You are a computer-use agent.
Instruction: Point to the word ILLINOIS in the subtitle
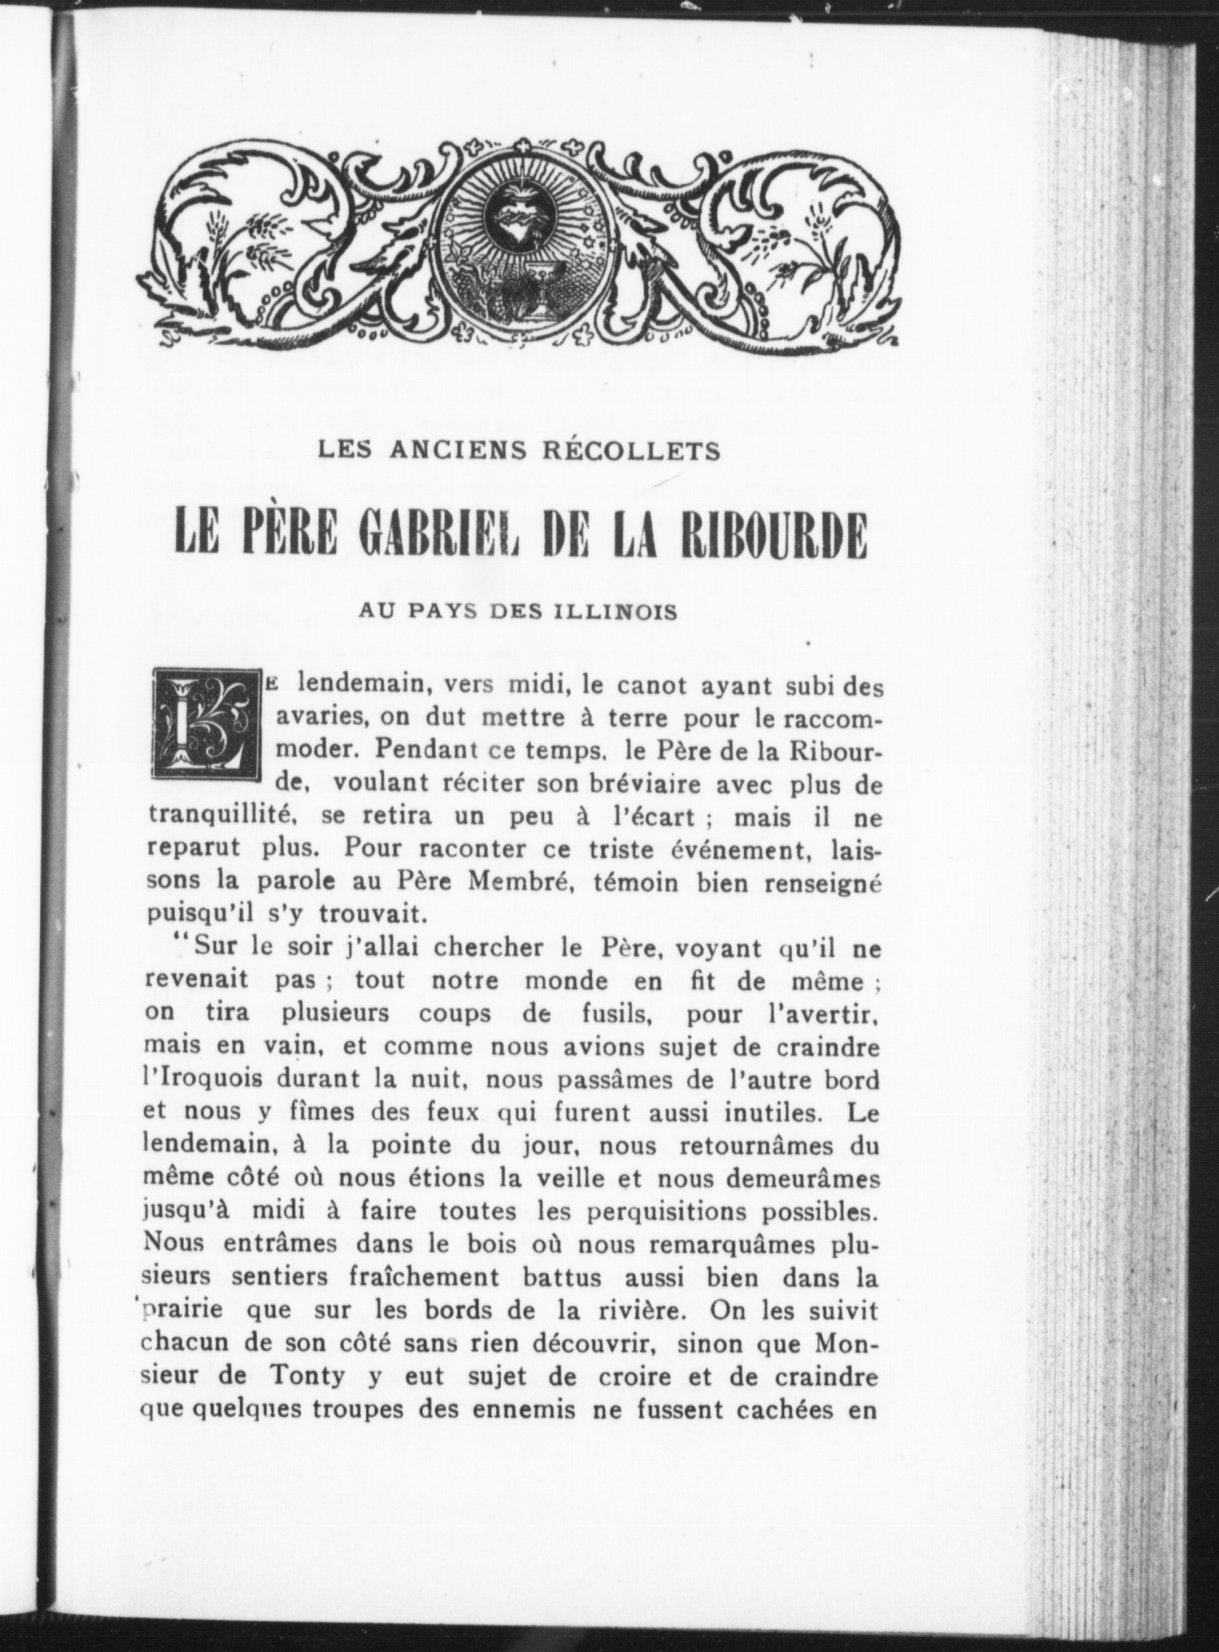tap(615, 612)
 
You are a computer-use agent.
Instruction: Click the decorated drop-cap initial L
tap(207, 724)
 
